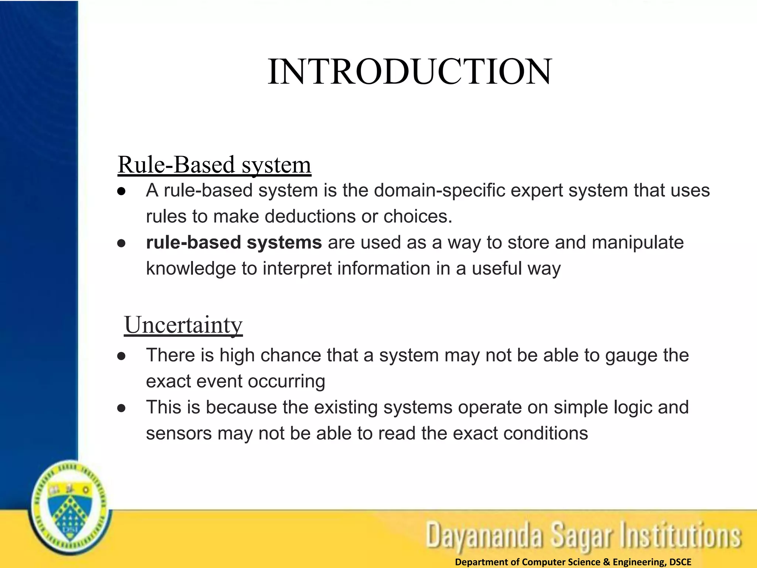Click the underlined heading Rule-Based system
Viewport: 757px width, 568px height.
tap(214, 165)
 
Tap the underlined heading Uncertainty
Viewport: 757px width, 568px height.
tap(183, 325)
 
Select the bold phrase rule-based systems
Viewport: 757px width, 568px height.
tap(234, 243)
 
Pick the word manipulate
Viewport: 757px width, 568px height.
tap(638, 243)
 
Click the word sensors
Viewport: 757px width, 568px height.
tap(179, 433)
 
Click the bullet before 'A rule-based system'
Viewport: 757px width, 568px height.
tap(121, 192)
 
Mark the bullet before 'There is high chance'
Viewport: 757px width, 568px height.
tap(121, 356)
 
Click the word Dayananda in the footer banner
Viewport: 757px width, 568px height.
tap(484, 535)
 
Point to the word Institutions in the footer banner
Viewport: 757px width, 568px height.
tap(681, 535)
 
